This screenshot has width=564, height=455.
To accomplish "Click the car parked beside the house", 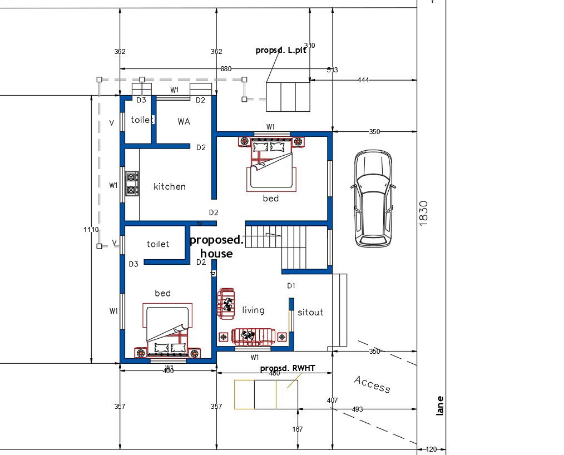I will coord(373,198).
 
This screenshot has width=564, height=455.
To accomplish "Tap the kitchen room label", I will coord(170,186).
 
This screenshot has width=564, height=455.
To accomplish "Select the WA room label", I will coord(184,121).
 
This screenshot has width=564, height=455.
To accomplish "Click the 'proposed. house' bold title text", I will coord(216,247).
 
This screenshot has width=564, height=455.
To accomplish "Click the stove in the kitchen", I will coord(132,184).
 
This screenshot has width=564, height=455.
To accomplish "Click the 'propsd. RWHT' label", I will coord(287,368).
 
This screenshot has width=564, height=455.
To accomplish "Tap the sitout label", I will coord(310,312).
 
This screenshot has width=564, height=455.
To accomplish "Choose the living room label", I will coord(253,310).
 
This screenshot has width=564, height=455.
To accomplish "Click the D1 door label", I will coord(291,285).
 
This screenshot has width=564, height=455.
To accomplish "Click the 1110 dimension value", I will coord(91,230).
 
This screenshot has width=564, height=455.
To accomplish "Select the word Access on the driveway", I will coord(372,384).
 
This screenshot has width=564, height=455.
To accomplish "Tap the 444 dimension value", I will coord(363,80).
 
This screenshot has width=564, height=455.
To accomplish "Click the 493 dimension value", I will coord(358,409).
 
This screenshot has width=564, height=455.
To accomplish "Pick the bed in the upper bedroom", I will coord(270,167).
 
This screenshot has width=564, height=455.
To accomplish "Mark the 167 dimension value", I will coord(298,429).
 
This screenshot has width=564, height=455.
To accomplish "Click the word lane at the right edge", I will coord(440,406).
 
